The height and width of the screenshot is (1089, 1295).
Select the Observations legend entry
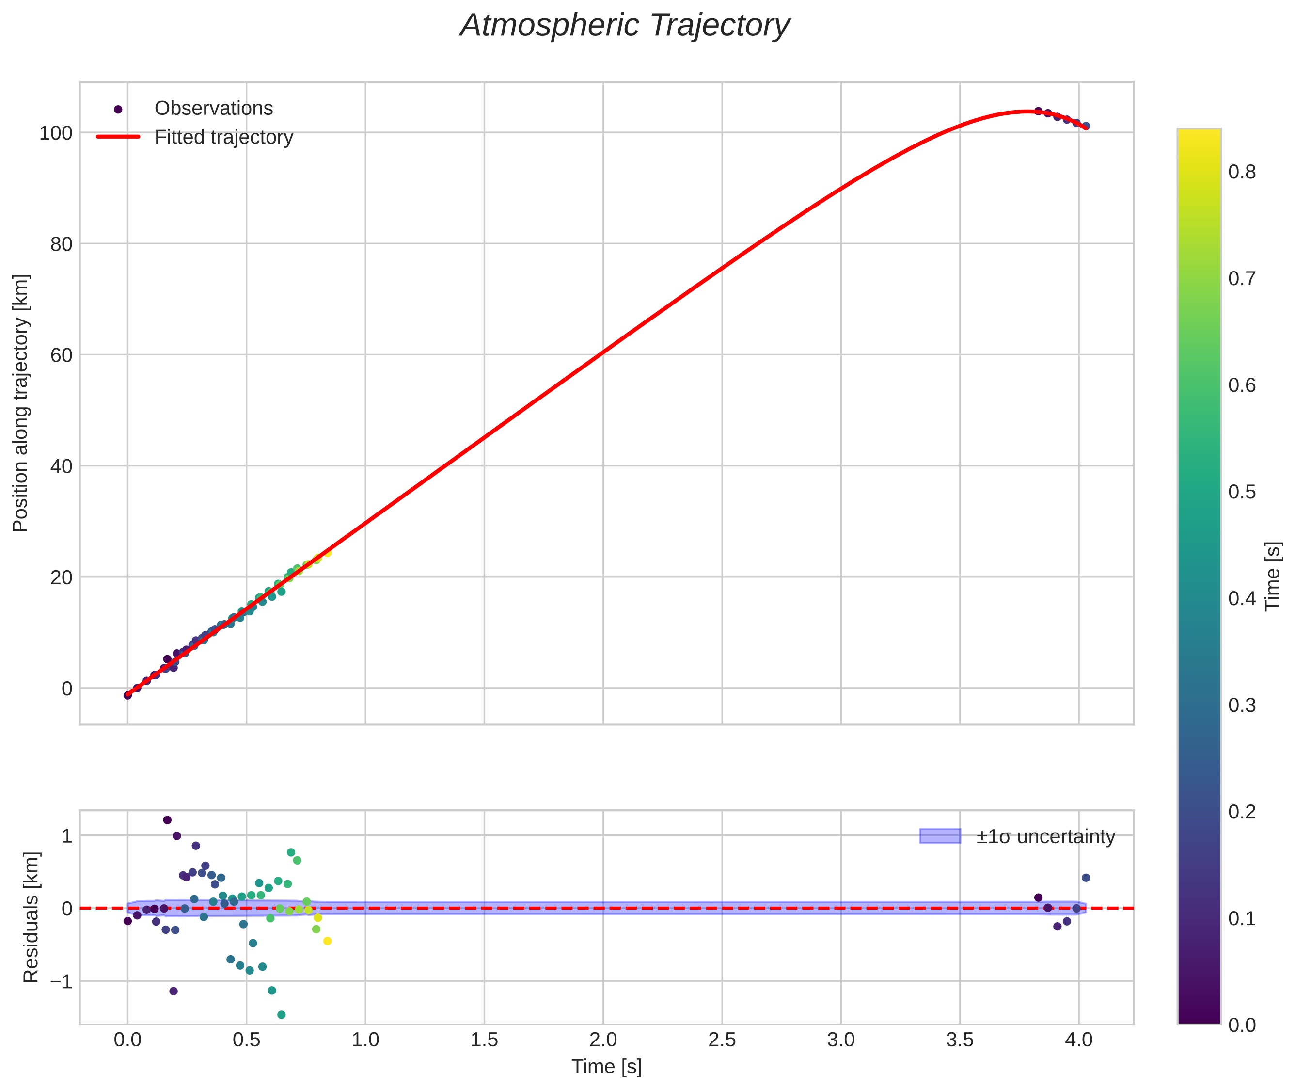coord(213,108)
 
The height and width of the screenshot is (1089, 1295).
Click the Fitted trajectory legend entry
coord(223,137)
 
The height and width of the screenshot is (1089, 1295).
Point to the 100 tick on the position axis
coord(56,133)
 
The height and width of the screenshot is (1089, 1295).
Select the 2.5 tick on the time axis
coord(722,1040)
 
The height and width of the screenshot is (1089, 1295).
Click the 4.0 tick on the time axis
coord(1078,1040)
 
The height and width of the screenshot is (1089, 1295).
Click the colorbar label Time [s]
coord(1273,576)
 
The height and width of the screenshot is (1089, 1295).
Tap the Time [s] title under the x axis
coord(606,1067)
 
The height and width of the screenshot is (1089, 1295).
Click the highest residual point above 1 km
coord(167,820)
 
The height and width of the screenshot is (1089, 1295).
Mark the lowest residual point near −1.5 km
coord(281,1014)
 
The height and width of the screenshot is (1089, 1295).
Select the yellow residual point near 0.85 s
coord(328,941)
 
